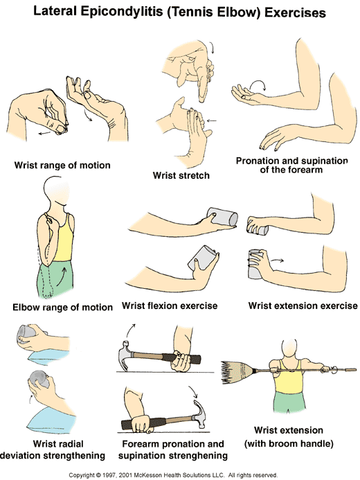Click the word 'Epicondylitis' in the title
tap(122, 12)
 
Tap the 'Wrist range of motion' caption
tap(62, 166)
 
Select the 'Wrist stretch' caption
tap(181, 175)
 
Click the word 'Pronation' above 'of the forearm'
tap(258, 161)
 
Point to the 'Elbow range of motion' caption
tap(62, 307)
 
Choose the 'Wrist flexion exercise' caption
tap(170, 305)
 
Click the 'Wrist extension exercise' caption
tap(303, 305)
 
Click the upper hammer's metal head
tap(125, 355)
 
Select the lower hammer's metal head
tap(199, 414)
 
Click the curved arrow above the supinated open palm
tap(258, 85)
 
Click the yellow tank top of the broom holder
tap(289, 377)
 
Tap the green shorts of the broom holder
tap(289, 402)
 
